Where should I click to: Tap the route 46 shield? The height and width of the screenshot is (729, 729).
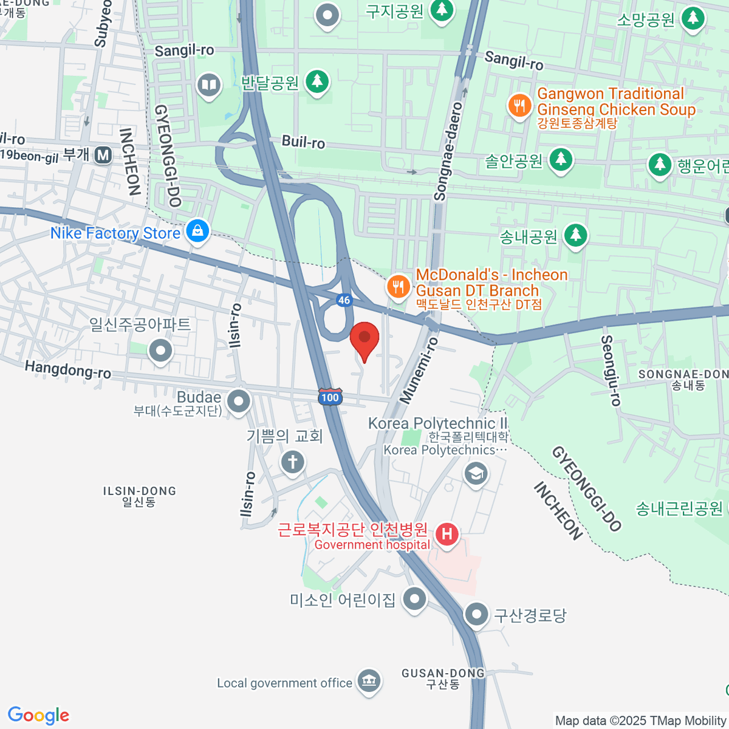pos(344,300)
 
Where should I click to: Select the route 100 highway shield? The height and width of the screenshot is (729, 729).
pos(330,397)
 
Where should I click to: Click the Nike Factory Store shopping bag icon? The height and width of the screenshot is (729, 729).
pos(197,231)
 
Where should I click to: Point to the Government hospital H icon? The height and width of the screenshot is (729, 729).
pos(447,535)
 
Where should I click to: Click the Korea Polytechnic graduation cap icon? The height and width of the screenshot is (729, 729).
pos(476,473)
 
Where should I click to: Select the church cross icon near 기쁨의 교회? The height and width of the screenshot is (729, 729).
pos(292,462)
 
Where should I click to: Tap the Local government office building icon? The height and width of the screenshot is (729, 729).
pos(369,681)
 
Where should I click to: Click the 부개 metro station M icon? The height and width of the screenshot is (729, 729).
pos(103,155)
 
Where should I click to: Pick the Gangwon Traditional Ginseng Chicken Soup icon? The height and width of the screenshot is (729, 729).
pos(519,106)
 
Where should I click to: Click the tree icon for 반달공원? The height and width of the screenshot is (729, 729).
pos(317,81)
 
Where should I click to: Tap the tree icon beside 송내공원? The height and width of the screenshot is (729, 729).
pos(575,234)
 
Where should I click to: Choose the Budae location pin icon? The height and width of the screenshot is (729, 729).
pos(238,401)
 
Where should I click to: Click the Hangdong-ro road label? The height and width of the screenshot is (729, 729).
pos(68,369)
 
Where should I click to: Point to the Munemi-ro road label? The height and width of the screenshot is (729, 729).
pos(419,371)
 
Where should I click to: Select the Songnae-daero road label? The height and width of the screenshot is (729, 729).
pos(449,152)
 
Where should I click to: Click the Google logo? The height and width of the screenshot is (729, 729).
pos(39,716)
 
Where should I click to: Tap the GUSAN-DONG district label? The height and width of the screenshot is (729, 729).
pos(443,673)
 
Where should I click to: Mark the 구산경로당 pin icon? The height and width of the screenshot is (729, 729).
pos(476,614)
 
